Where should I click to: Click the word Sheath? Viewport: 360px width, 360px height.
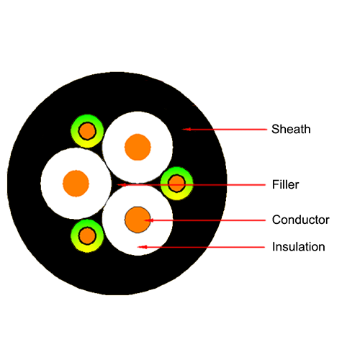(x=291, y=129)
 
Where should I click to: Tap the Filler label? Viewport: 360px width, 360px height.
(x=285, y=184)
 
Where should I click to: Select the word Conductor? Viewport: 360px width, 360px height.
(x=301, y=220)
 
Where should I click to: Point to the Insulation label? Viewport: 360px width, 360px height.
(x=299, y=247)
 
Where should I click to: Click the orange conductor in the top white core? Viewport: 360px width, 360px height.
(x=138, y=147)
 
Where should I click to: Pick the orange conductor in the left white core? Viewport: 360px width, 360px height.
(x=76, y=184)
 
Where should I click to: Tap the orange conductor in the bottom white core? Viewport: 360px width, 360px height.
(x=138, y=220)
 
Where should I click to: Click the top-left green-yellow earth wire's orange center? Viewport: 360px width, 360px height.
(x=87, y=131)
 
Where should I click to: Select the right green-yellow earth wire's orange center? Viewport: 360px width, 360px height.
(x=177, y=184)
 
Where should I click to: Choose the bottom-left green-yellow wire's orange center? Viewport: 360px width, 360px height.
(x=87, y=236)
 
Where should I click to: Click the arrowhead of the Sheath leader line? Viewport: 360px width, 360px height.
(x=185, y=130)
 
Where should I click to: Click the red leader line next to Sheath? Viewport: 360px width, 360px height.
(x=225, y=130)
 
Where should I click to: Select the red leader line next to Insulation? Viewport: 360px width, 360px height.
(x=201, y=247)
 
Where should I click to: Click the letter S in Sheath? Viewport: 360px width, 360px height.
(x=275, y=129)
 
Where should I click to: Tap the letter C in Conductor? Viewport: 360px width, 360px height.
(x=276, y=220)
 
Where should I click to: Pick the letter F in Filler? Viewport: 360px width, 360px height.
(x=275, y=184)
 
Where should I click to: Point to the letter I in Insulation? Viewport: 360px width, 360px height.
(x=274, y=247)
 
